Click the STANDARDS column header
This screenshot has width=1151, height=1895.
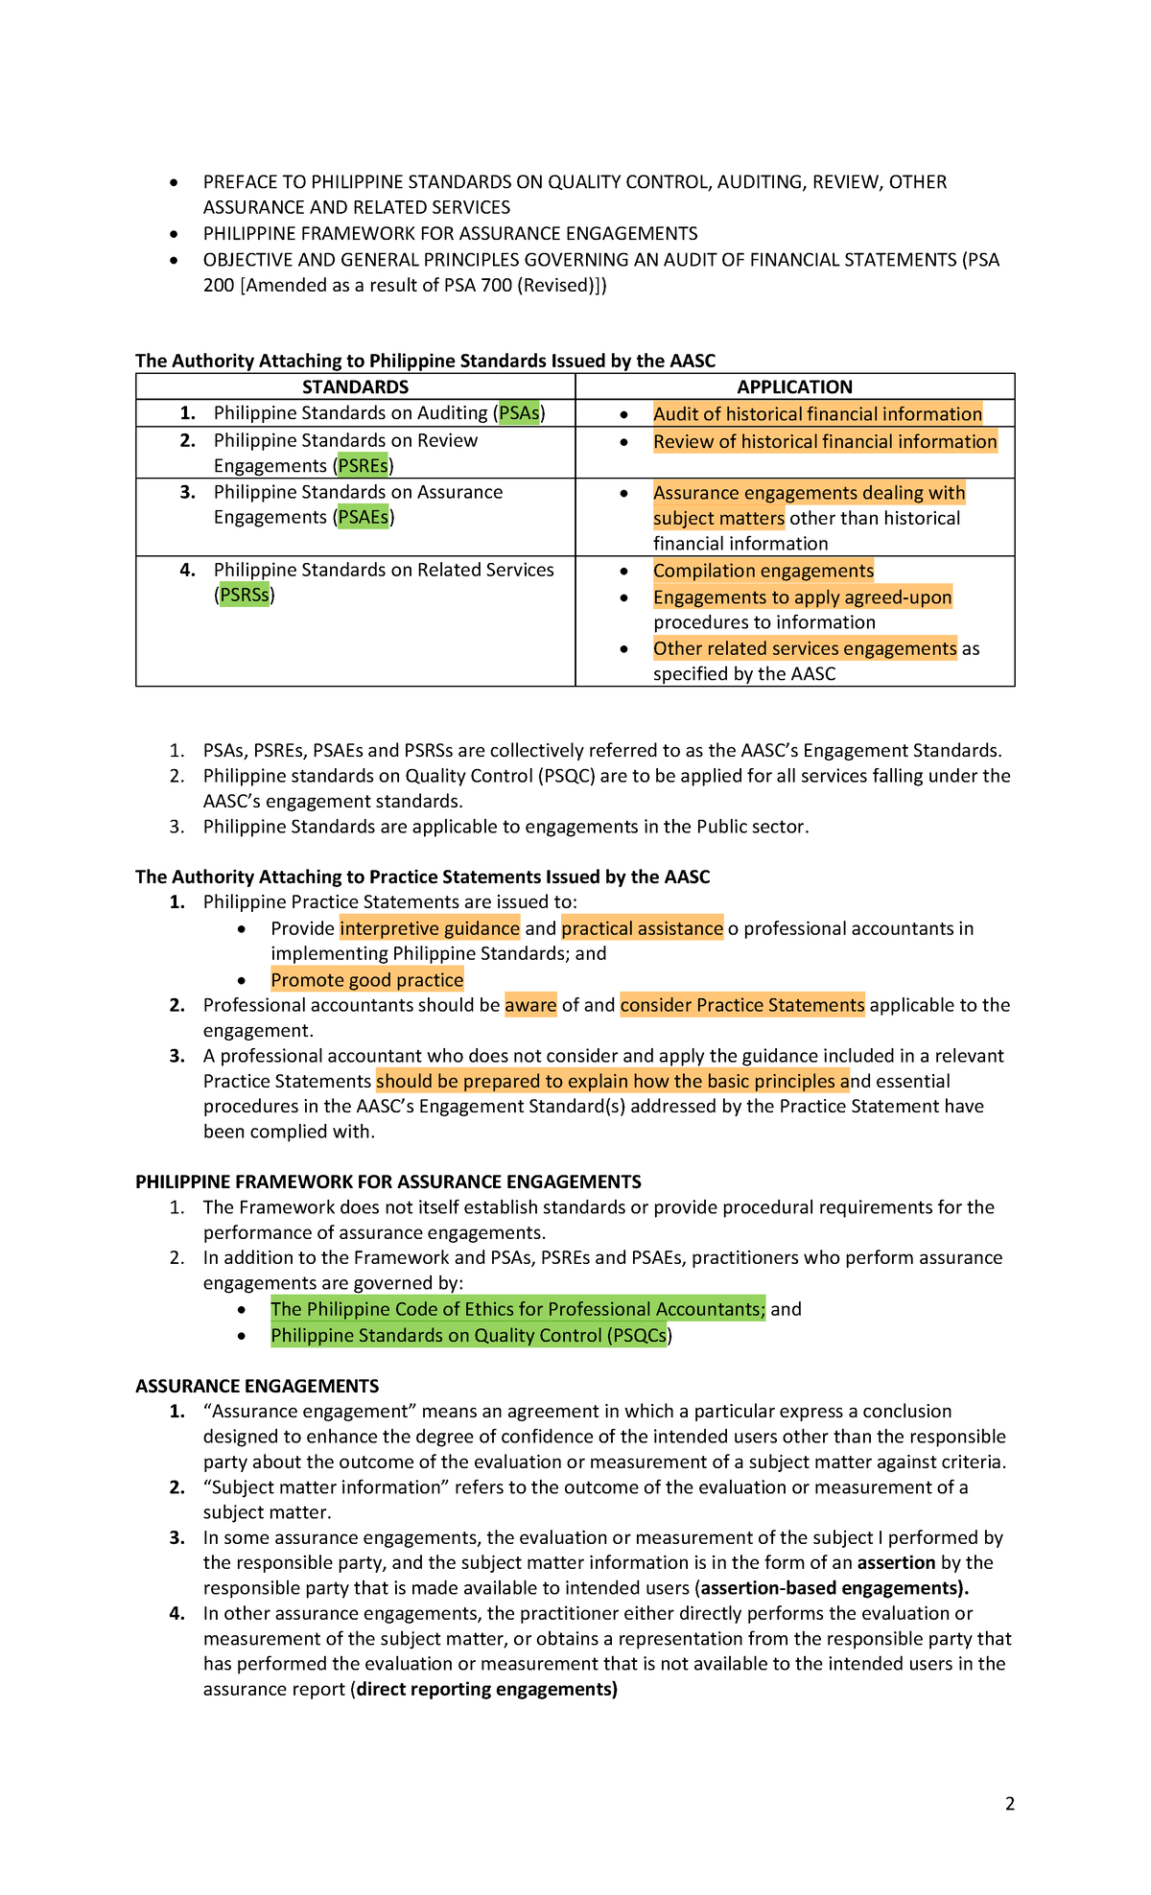355,386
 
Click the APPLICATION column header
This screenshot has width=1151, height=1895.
794,386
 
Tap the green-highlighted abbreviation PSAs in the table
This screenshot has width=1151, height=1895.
519,413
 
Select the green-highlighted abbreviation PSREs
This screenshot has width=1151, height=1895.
363,466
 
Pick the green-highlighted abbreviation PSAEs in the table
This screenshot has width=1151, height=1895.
363,518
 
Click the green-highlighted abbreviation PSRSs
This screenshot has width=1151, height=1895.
244,596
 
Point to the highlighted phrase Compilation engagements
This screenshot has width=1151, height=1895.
763,572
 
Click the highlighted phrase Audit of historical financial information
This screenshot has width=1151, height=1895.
817,414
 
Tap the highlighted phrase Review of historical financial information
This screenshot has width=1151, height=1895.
825,442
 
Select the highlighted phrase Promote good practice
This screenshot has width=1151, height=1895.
366,980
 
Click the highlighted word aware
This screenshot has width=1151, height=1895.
530,1005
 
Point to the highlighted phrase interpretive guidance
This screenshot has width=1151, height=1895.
430,928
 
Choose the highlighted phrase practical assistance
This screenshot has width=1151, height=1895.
642,928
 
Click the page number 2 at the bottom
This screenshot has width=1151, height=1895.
1009,1804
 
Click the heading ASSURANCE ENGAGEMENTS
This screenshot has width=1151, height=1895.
257,1386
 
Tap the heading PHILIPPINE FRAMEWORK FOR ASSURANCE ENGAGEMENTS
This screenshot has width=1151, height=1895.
388,1181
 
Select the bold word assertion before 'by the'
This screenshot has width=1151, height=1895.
896,1562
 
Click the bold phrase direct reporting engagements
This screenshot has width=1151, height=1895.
486,1689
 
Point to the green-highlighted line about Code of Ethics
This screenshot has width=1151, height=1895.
518,1309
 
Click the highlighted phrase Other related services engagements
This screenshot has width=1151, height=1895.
805,649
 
